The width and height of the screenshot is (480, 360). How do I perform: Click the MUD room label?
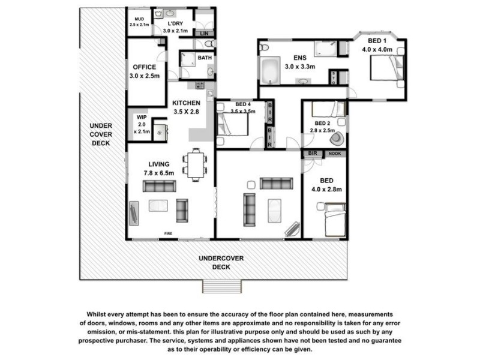point(139,19)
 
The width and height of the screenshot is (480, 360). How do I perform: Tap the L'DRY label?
point(175,24)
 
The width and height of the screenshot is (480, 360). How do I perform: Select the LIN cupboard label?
point(205,33)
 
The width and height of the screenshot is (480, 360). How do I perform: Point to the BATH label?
point(205,58)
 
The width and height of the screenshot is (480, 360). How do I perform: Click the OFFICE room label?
point(143,67)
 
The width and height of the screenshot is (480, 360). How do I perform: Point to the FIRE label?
point(169,233)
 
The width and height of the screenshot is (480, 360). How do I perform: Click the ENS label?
point(293,58)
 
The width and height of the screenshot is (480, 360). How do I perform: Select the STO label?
point(334,77)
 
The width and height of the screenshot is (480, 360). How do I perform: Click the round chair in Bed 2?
point(337,139)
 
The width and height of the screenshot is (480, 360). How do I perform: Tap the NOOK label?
point(334,154)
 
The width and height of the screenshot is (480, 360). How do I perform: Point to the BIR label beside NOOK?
point(312,154)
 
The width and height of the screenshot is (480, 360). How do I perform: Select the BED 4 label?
point(243,104)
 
